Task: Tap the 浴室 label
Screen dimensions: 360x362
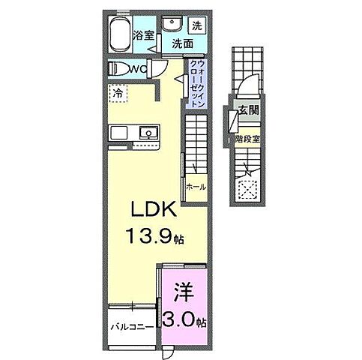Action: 144,34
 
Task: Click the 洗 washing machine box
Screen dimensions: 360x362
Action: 197,24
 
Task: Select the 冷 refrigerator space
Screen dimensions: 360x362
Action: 118,94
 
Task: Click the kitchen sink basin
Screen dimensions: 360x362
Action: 149,133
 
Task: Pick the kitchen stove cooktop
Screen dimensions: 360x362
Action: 121,133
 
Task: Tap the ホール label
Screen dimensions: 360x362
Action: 196,187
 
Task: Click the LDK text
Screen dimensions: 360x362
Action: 156,208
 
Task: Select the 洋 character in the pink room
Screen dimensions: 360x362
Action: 183,289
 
